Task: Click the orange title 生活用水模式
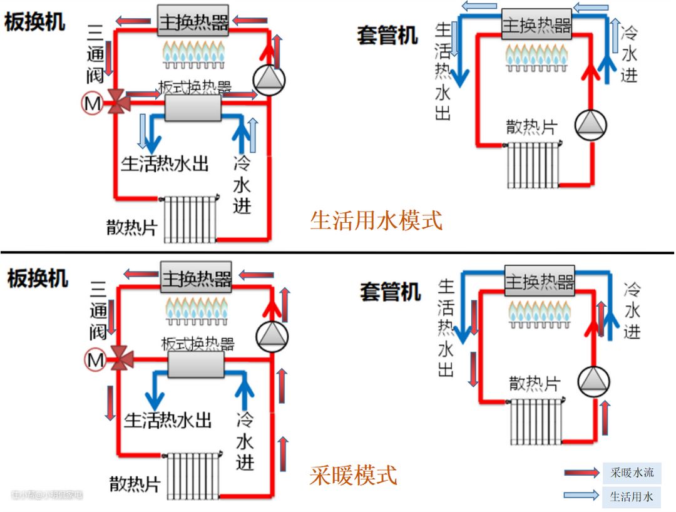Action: point(376,220)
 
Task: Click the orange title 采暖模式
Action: point(353,474)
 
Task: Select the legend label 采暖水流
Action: point(632,473)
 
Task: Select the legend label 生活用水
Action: point(632,497)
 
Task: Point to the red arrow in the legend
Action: point(582,473)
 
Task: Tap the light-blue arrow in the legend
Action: point(582,496)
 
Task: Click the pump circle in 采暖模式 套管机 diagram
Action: point(593,381)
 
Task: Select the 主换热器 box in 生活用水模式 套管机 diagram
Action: point(536,24)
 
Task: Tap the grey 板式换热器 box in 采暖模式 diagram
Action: point(197,364)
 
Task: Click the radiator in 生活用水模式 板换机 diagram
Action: point(190,218)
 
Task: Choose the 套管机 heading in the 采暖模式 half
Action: point(389,292)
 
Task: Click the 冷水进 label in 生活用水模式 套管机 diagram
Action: point(628,54)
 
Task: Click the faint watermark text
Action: point(47,495)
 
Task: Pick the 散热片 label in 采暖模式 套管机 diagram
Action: point(534,383)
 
